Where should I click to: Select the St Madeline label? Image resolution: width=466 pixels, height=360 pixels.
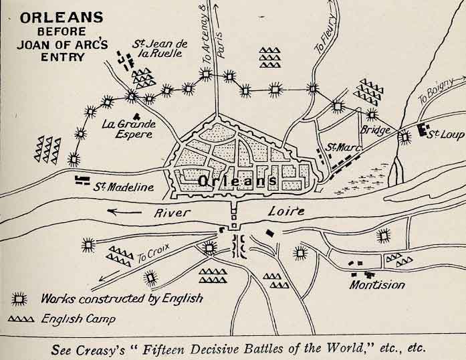coord(124,187)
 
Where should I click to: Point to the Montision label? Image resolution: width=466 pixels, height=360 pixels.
coord(377,285)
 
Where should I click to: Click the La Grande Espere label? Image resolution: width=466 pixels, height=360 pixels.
coord(128,129)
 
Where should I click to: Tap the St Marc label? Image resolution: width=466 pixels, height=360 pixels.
coord(340,147)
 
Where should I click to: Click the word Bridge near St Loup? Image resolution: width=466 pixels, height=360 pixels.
coord(374,130)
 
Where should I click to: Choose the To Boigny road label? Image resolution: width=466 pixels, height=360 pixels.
coord(435,98)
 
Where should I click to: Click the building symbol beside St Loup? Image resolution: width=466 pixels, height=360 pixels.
coord(423,130)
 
